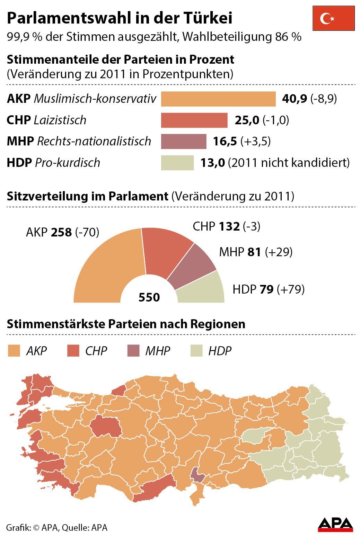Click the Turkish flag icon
click(x=333, y=18)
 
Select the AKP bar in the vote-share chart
click(x=218, y=99)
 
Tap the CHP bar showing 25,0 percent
click(x=194, y=120)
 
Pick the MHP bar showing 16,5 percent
click(x=184, y=141)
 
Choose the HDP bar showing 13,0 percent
click(x=177, y=163)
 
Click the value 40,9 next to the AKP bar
click(x=294, y=99)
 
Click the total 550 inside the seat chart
click(x=149, y=297)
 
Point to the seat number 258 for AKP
click(x=61, y=232)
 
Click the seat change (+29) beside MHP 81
click(x=279, y=252)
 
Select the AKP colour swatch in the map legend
click(x=14, y=351)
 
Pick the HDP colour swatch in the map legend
click(x=196, y=351)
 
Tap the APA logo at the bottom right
click(x=335, y=524)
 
